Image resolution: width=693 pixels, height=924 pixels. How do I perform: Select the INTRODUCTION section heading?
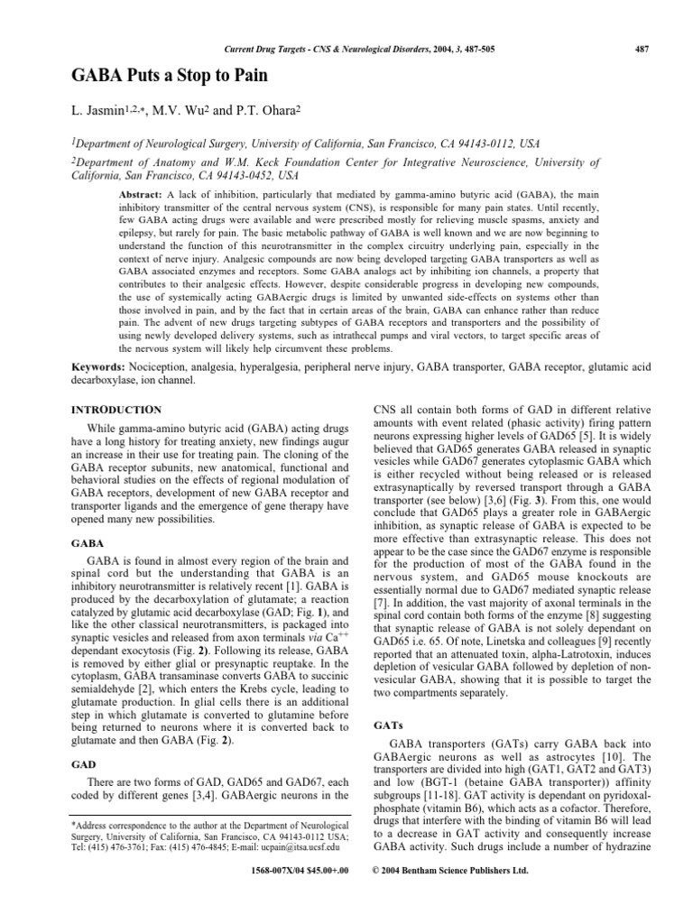click(x=116, y=409)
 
